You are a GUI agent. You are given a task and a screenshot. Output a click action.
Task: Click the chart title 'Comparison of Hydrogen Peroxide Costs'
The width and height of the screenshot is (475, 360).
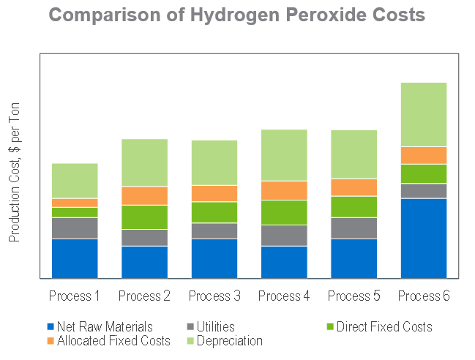(237, 15)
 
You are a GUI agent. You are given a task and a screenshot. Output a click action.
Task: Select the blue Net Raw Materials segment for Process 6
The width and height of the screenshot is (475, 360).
(424, 238)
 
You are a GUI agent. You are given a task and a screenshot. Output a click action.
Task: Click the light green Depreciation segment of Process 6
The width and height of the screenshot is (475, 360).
(424, 114)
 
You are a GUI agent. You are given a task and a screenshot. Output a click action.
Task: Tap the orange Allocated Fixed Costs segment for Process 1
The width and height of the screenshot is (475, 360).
(75, 203)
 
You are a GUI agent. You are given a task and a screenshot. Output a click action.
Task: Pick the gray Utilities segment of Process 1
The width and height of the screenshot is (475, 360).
(75, 228)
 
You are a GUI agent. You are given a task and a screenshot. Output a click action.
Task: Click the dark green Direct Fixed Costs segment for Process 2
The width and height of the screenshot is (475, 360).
(144, 217)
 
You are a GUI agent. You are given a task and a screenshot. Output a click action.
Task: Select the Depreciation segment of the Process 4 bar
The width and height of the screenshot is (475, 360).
(284, 154)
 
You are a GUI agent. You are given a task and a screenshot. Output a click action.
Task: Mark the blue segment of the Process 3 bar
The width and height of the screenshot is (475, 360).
(214, 258)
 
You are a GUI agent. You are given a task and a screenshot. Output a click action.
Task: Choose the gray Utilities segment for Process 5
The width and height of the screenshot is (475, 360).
(354, 228)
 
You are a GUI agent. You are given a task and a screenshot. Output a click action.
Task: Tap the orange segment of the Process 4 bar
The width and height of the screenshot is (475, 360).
(284, 190)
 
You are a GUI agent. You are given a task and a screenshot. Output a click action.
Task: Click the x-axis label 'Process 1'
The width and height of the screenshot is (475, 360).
(75, 296)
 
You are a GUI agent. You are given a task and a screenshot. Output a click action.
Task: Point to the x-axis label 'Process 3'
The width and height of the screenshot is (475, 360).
(214, 296)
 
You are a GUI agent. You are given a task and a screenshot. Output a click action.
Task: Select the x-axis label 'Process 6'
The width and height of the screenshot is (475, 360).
(424, 296)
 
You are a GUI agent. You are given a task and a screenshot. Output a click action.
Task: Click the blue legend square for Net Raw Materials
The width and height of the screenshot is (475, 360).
(51, 327)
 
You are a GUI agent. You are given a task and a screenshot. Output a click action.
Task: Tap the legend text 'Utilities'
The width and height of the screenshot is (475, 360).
(216, 327)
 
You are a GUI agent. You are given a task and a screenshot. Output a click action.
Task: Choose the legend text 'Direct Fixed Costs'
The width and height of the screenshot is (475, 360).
(384, 327)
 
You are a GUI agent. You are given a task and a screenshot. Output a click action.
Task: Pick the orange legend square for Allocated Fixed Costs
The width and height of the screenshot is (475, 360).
(51, 341)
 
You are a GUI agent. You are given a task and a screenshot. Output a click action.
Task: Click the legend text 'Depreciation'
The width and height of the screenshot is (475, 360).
(230, 341)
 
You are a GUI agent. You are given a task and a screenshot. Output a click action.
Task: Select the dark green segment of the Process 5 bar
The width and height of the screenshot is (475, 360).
(354, 206)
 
